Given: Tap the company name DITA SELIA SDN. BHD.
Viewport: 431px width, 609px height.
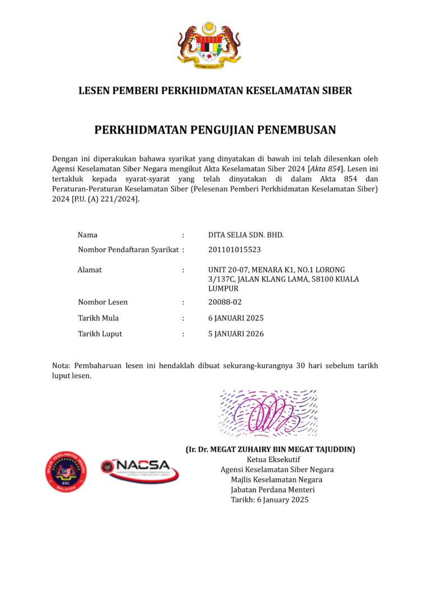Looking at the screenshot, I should (x=246, y=235).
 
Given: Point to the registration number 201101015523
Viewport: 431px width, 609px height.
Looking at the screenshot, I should (x=234, y=249).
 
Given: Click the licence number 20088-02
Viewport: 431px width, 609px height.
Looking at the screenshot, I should (x=225, y=302).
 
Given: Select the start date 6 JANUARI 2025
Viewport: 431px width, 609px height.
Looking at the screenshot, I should (x=236, y=318).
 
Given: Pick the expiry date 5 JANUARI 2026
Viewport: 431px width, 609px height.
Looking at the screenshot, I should (x=236, y=333).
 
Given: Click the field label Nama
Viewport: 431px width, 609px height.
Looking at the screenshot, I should (x=87, y=235).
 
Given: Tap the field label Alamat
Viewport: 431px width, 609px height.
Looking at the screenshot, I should (x=89, y=270).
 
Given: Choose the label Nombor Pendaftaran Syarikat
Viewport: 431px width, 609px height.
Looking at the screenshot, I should (x=128, y=249).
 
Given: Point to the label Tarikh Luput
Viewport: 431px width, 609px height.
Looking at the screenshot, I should (x=99, y=333).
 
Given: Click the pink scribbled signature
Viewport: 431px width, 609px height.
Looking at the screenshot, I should (x=268, y=414).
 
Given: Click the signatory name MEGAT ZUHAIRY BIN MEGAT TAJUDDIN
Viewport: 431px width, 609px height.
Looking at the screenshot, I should (x=270, y=450).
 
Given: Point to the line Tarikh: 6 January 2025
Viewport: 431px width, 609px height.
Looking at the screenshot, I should (x=269, y=500).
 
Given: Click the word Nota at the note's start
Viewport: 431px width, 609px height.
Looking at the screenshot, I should (x=61, y=365).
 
